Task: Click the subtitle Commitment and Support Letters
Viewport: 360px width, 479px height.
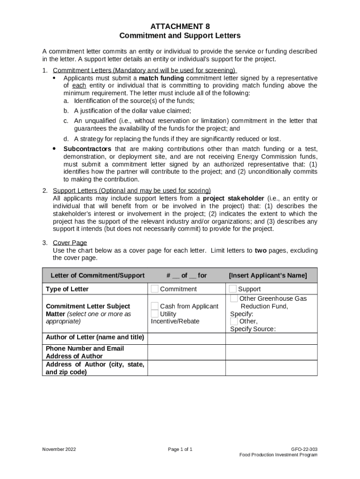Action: click(x=180, y=36)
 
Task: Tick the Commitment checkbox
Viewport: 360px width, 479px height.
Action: click(x=155, y=289)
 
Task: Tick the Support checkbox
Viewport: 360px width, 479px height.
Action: click(x=233, y=289)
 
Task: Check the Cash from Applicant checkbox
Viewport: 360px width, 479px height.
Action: click(x=155, y=306)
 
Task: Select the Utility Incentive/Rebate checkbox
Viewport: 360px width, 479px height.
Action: click(x=155, y=314)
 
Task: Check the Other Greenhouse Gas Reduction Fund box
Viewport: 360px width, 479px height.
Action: click(x=234, y=298)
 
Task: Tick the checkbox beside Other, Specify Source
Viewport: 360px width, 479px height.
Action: click(x=234, y=321)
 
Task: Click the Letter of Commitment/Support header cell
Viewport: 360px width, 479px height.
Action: click(x=97, y=276)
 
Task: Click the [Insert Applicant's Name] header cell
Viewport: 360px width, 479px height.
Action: click(x=267, y=276)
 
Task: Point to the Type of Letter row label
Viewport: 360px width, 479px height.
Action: click(x=67, y=289)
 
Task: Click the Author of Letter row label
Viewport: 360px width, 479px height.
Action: click(x=95, y=337)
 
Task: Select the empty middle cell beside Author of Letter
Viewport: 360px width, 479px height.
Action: click(x=187, y=338)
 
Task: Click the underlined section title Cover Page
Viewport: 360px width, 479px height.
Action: click(x=70, y=243)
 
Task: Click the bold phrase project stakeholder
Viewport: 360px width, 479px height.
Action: click(x=233, y=198)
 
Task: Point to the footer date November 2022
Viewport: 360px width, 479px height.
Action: click(x=59, y=450)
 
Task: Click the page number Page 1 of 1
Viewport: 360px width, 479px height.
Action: click(x=180, y=450)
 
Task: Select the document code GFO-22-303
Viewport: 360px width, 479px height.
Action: click(x=304, y=450)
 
